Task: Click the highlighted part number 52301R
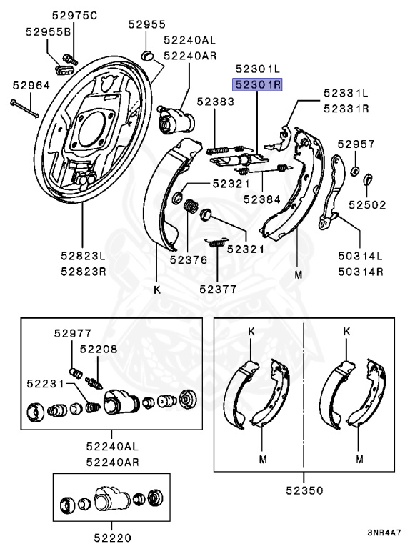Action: (x=257, y=85)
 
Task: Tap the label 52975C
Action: (x=74, y=16)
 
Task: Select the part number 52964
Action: (x=31, y=86)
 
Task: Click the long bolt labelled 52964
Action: (x=24, y=109)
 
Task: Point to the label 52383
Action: (x=215, y=102)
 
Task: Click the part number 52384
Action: (x=262, y=199)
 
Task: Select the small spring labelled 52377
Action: (x=216, y=242)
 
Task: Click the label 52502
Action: (x=367, y=205)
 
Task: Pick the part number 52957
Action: (x=356, y=144)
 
